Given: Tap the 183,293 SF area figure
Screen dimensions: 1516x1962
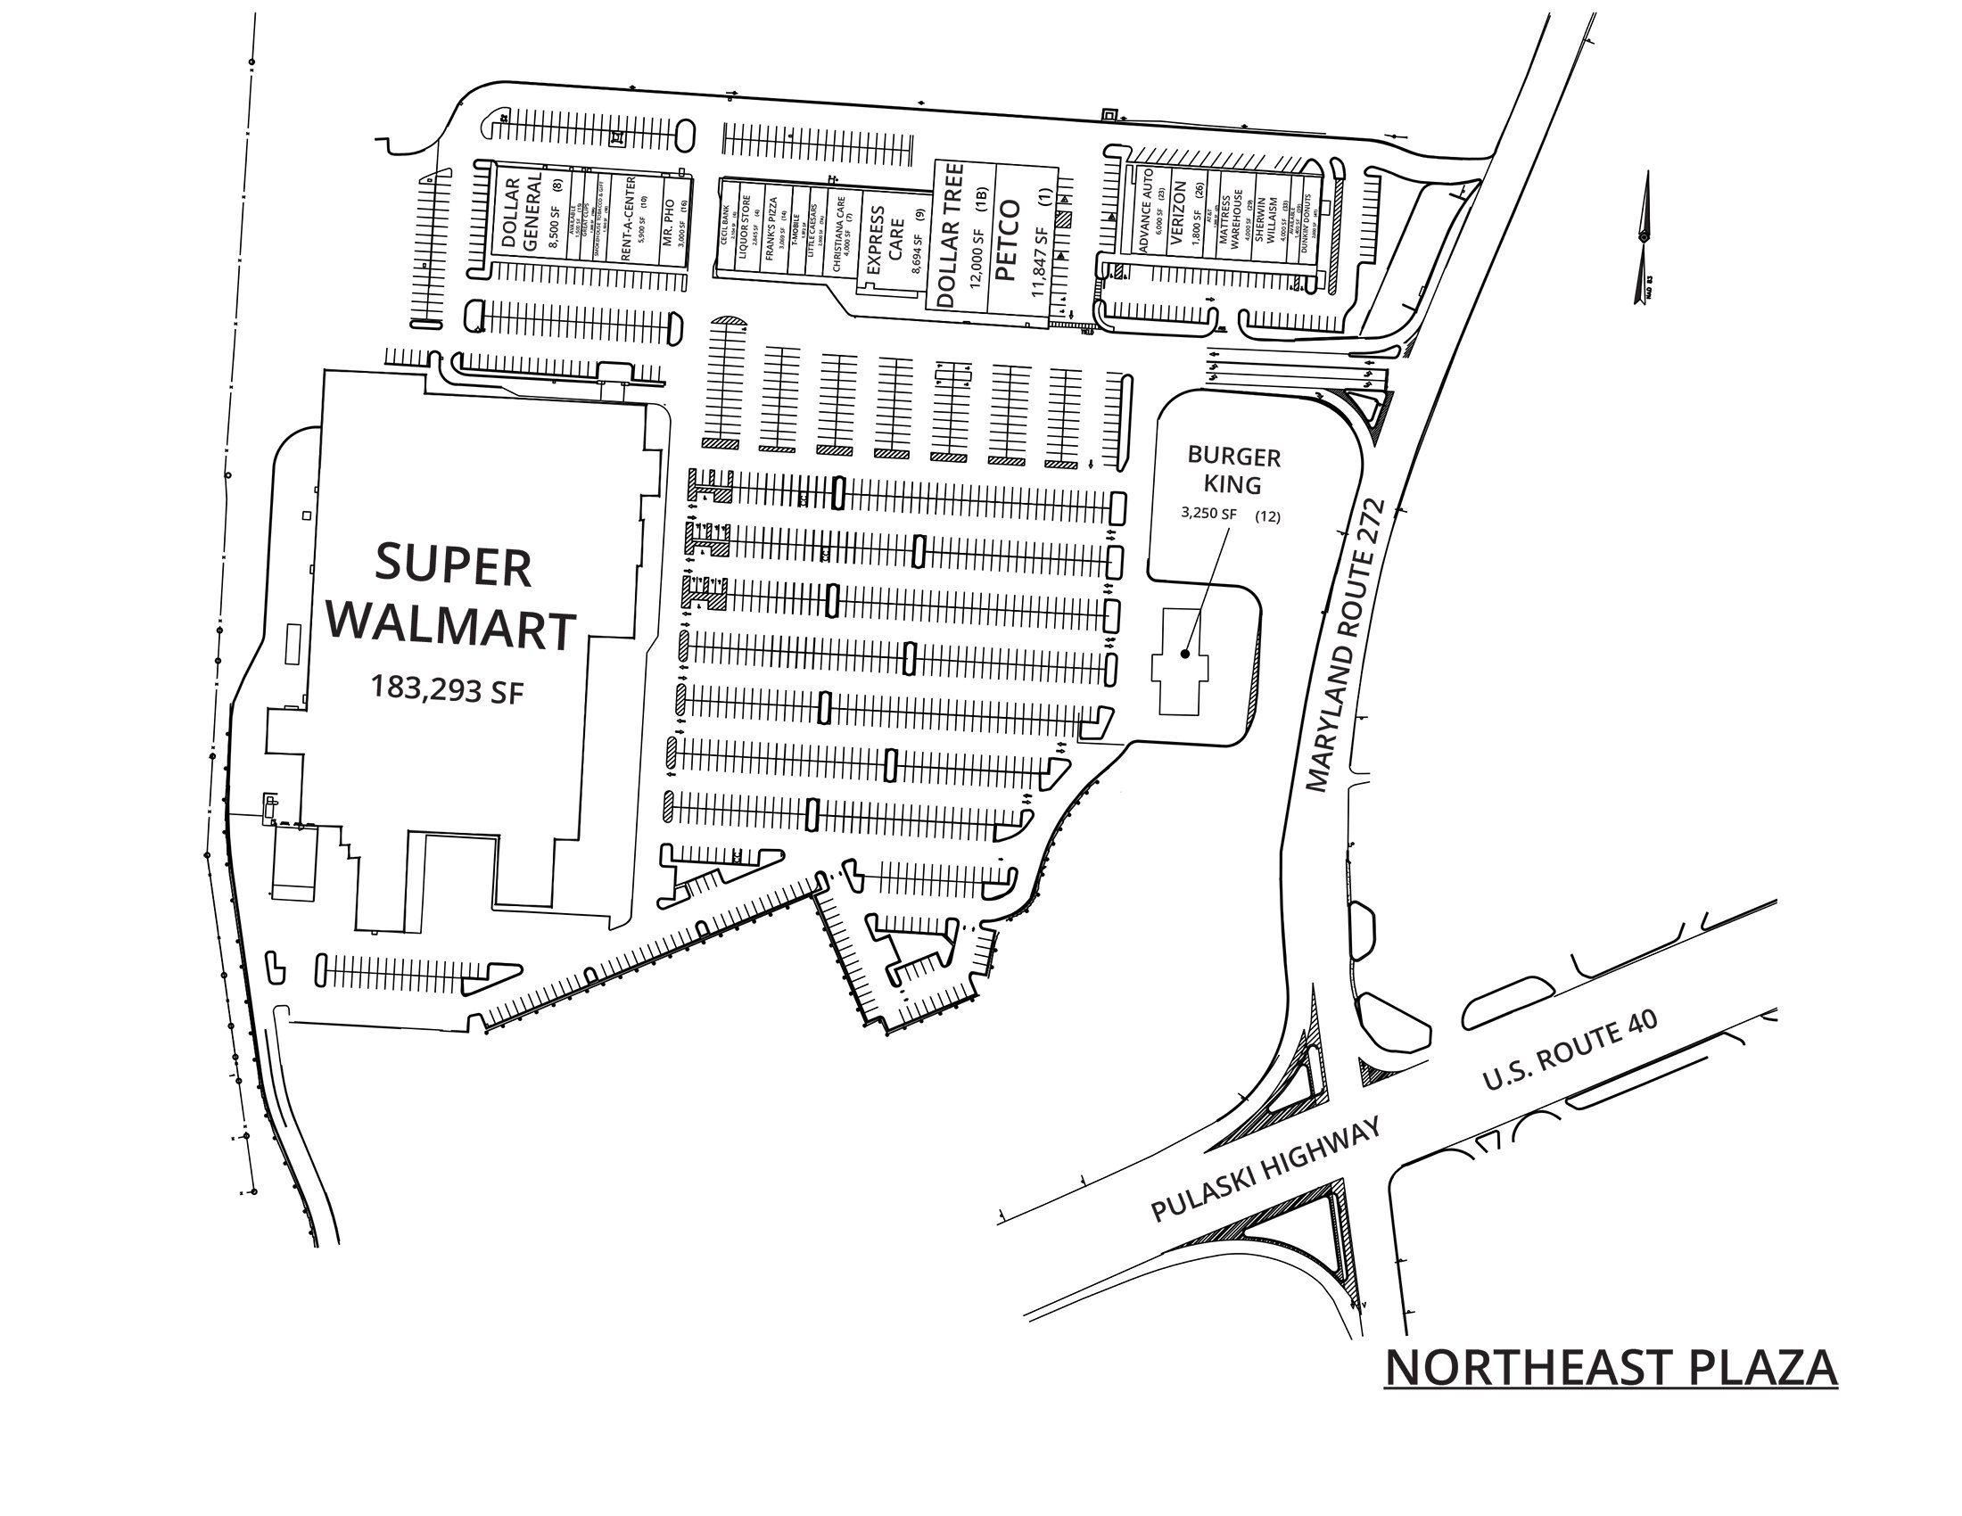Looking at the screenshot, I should click(x=448, y=689).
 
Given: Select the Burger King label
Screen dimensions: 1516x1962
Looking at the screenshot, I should click(x=1233, y=471).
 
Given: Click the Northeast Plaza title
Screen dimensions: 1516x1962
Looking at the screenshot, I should click(x=1610, y=1367).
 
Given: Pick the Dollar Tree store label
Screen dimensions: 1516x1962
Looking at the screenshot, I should click(x=950, y=235).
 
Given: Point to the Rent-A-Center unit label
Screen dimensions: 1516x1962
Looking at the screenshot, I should click(x=628, y=218).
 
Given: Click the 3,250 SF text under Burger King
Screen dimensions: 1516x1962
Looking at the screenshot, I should click(x=1208, y=515).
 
